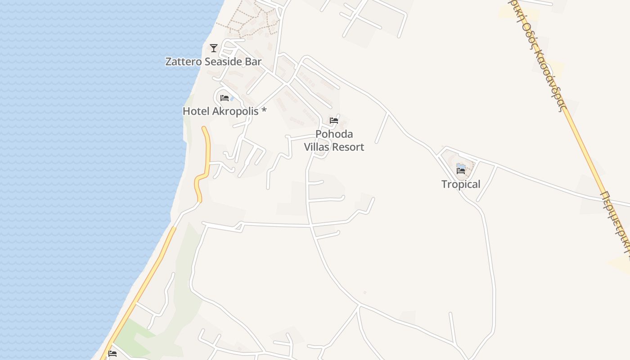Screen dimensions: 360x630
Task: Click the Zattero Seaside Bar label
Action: [213, 62]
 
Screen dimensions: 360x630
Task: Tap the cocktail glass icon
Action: [214, 48]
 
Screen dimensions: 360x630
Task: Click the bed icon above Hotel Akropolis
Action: [225, 98]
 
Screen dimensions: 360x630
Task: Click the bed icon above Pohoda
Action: [334, 121]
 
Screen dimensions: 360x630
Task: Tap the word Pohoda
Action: [334, 134]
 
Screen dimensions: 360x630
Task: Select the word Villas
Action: [317, 147]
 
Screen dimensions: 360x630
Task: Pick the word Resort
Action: [348, 147]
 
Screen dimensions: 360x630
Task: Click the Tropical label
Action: [461, 184]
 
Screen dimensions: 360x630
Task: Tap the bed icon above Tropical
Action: [461, 171]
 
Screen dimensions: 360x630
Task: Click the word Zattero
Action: [184, 62]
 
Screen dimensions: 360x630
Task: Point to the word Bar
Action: [253, 62]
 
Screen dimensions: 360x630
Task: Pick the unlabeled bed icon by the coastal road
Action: [112, 354]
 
